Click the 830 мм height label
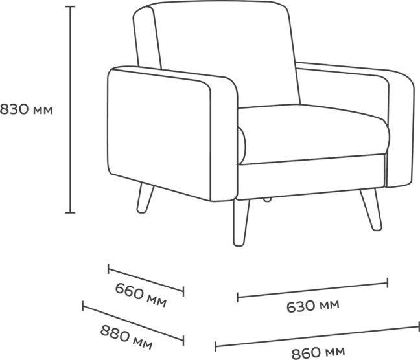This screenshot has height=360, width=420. (x=26, y=109)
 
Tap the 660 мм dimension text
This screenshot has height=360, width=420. (x=141, y=295)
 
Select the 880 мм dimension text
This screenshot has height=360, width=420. (x=126, y=337)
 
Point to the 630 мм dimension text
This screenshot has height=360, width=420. (x=313, y=306)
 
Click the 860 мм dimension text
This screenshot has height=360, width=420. (x=318, y=353)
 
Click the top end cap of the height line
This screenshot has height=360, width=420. (x=70, y=6)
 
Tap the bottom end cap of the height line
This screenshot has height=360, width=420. (x=70, y=213)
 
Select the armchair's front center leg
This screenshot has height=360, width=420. (x=241, y=223)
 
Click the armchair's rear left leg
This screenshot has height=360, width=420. (x=145, y=198)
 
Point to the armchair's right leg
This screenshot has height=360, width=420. (x=371, y=209)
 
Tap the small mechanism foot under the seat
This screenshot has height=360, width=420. (x=267, y=199)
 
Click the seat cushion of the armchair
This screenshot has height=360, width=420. (x=314, y=134)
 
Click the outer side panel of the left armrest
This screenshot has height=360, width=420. (x=159, y=134)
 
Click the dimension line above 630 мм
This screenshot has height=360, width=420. (x=312, y=290)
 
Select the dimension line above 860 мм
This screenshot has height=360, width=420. (x=318, y=337)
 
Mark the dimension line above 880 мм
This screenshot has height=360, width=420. (x=133, y=323)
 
